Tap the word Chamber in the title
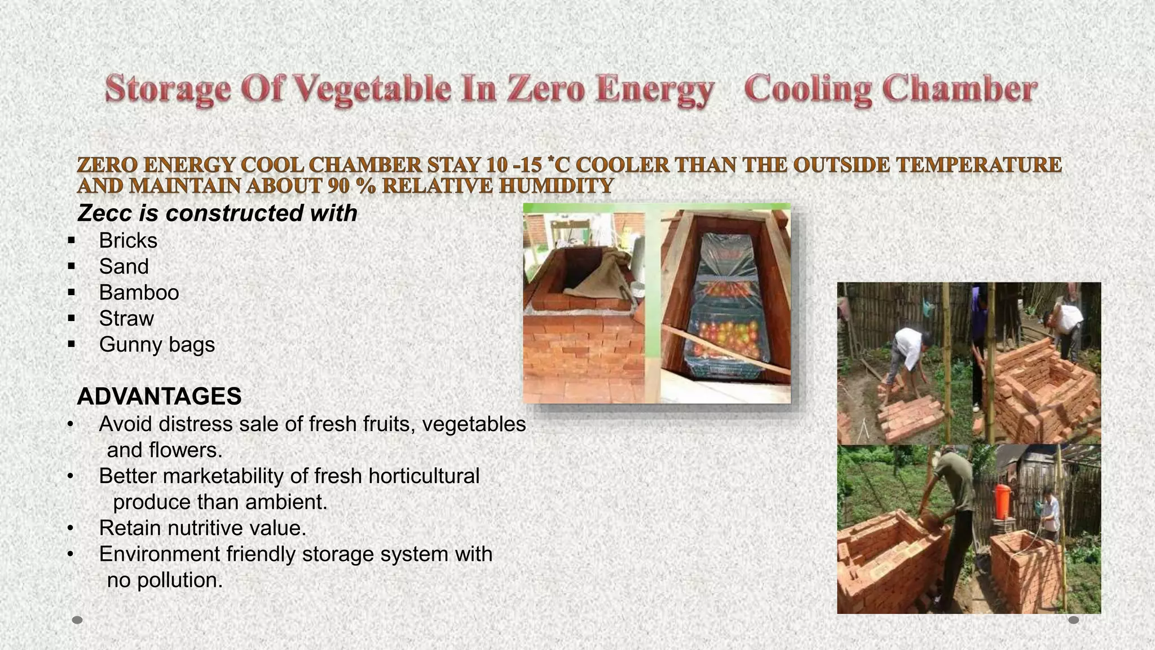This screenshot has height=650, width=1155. point(960,89)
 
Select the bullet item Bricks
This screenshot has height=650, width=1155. point(128,241)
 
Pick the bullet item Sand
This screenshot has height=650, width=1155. point(124,267)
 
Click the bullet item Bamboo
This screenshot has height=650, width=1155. point(139,293)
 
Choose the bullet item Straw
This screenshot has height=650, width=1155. point(126,319)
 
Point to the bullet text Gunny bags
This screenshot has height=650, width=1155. point(157,345)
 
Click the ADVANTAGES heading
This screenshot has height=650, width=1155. point(159,397)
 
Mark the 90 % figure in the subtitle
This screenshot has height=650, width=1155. point(350,186)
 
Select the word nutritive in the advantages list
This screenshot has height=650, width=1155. point(200,528)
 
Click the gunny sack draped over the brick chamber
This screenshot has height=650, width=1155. point(598,276)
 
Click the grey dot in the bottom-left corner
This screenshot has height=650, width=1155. point(78,620)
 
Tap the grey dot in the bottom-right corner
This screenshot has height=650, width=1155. point(1074,620)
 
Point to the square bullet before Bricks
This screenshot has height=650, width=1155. point(71,241)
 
